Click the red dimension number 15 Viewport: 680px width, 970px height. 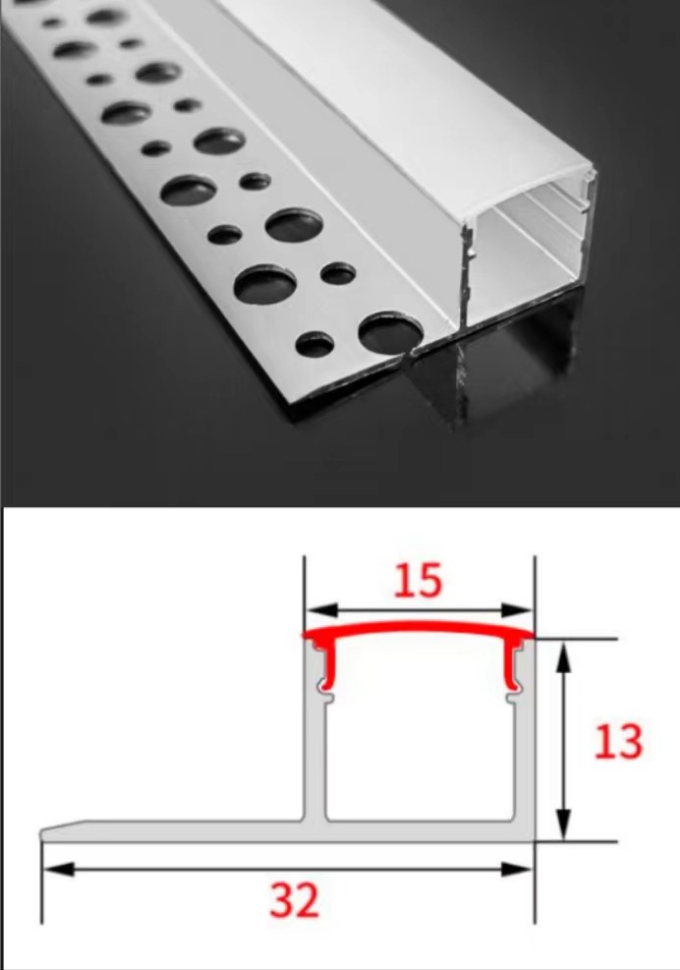point(418,581)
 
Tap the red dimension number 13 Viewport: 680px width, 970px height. point(618,741)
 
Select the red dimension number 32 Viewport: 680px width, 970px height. point(295,899)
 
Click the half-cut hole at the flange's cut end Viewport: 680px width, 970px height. point(387,334)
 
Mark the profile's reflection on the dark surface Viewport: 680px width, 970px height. point(491,373)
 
